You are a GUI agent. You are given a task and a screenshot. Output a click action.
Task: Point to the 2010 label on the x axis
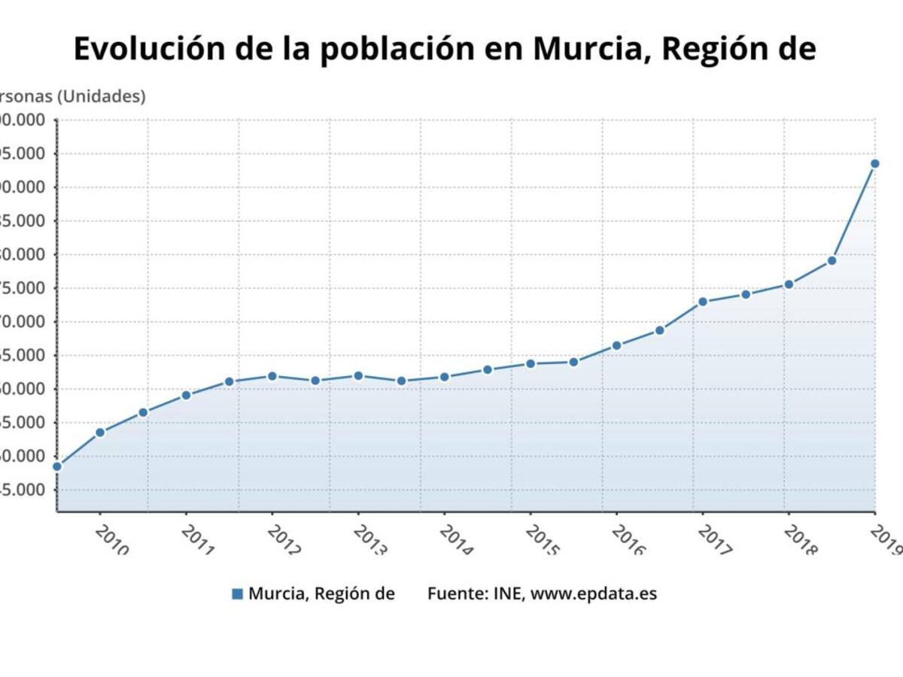pyautogui.click(x=112, y=539)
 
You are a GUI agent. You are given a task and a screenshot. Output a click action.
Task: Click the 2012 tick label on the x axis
pyautogui.click(x=284, y=539)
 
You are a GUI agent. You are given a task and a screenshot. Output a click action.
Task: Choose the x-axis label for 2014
pyautogui.click(x=457, y=539)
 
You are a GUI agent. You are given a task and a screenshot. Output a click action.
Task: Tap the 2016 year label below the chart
pyautogui.click(x=629, y=539)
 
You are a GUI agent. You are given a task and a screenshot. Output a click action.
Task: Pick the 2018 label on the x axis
pyautogui.click(x=801, y=539)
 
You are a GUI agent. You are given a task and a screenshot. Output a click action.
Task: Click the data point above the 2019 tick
pyautogui.click(x=874, y=163)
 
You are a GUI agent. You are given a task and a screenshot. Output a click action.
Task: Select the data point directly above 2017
pyautogui.click(x=702, y=302)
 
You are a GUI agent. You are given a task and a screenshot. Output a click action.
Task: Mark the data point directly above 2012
pyautogui.click(x=272, y=375)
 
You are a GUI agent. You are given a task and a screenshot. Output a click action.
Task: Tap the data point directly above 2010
pyautogui.click(x=100, y=432)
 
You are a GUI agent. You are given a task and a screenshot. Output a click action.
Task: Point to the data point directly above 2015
pyautogui.click(x=531, y=363)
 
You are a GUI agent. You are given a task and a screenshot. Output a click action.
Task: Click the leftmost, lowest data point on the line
pyautogui.click(x=57, y=466)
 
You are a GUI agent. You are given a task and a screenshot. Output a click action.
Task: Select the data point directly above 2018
pyautogui.click(x=789, y=284)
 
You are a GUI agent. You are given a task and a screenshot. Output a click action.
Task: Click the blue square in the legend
pyautogui.click(x=238, y=594)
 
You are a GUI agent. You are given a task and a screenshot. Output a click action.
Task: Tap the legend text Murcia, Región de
pyautogui.click(x=321, y=594)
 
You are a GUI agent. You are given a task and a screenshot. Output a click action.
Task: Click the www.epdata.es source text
pyautogui.click(x=594, y=594)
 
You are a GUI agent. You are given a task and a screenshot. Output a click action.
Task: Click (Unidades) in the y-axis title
pyautogui.click(x=102, y=96)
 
